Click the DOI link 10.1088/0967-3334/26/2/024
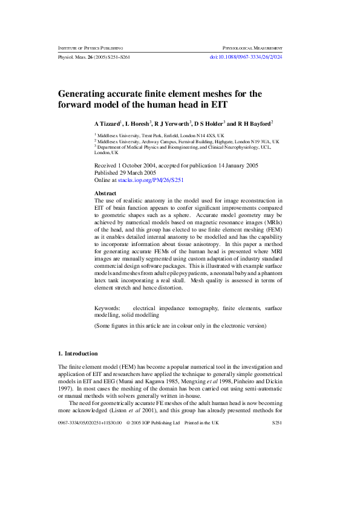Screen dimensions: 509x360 [x=246, y=56]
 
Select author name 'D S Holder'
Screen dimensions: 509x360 [x=209, y=123]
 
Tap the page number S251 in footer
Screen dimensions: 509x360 [x=277, y=423]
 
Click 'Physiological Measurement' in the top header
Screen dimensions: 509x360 [x=253, y=47]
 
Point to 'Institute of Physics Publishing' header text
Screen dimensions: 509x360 [x=90, y=47]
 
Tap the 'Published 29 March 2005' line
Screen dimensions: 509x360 [x=130, y=172]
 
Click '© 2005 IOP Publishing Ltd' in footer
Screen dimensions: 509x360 [x=153, y=423]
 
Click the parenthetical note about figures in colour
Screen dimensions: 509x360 [x=180, y=325]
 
